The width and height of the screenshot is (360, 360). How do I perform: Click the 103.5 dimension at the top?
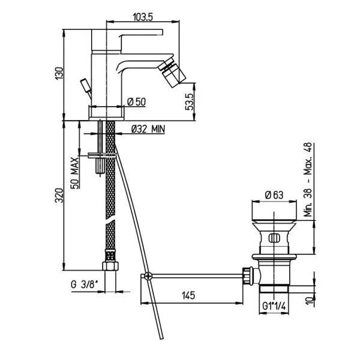click(143, 17)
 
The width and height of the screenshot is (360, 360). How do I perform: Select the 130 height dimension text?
click(59, 73)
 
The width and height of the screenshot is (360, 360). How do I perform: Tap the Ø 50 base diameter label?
click(136, 101)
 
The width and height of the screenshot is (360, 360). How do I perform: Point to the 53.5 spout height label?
click(190, 102)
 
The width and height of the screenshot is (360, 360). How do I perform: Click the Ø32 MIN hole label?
click(148, 129)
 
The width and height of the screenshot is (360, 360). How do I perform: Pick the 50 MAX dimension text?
click(75, 173)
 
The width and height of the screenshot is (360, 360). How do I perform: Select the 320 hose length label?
click(59, 196)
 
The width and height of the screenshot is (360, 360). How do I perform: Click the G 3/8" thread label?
click(84, 284)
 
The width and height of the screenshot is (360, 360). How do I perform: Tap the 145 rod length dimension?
click(188, 295)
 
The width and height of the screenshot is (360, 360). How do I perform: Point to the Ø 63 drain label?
click(274, 195)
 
